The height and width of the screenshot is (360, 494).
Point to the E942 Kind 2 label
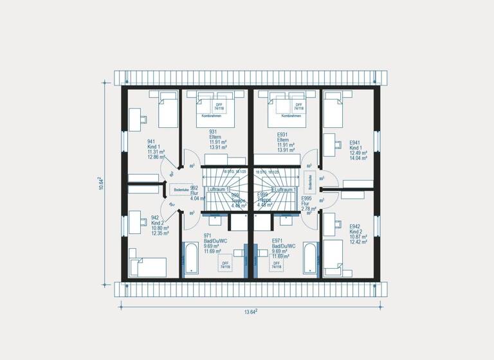358,234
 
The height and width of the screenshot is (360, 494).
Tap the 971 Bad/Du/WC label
213,244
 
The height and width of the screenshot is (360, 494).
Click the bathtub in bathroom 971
190,259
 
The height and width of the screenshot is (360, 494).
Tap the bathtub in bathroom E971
309,259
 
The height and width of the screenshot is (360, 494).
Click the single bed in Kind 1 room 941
167,109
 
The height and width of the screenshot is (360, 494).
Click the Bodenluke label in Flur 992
181,190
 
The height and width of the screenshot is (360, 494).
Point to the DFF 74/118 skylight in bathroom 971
226,265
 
